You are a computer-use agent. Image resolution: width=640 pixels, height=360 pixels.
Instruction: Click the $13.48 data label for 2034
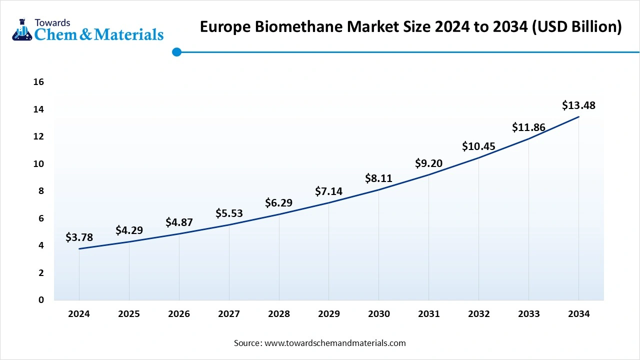578,105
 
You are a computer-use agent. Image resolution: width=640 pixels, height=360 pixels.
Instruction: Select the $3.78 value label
79,237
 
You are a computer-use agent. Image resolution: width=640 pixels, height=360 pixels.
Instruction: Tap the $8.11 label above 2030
378,178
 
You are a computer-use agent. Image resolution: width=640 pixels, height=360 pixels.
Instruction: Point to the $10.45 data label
478,146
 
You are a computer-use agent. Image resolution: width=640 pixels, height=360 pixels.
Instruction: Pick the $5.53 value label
229,213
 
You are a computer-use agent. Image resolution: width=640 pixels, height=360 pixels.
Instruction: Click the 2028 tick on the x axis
279,314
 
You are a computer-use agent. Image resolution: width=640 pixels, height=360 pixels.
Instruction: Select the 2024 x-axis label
79,314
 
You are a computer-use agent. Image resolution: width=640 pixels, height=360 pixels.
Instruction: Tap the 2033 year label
528,314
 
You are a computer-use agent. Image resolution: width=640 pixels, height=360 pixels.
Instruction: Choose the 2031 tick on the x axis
428,314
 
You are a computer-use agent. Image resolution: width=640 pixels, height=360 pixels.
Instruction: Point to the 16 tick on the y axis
38,82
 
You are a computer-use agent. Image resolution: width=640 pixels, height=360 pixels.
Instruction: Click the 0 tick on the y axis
41,300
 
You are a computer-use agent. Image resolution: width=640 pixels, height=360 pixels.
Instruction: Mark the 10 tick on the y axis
38,163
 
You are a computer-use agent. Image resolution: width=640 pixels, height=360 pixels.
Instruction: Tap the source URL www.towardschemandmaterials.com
334,343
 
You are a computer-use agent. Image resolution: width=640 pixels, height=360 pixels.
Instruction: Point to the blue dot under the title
176,52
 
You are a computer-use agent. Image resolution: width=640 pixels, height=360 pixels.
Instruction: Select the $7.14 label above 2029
328,191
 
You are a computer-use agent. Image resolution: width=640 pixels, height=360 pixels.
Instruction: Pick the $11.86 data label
528,127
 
